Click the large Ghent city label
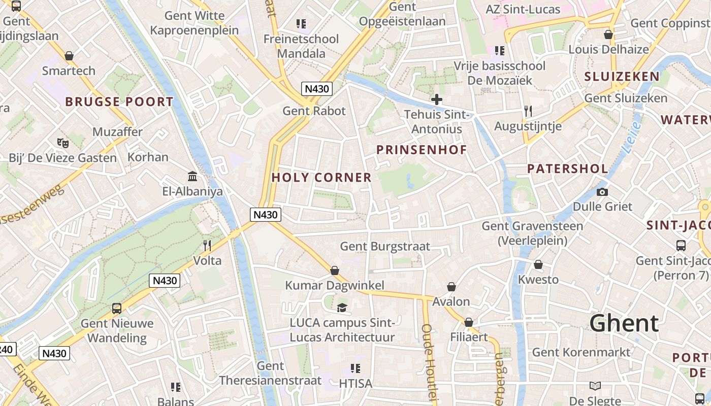[x=624, y=323]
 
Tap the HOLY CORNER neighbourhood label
[x=321, y=178]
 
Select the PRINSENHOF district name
[x=421, y=150]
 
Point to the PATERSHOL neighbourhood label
[x=567, y=169]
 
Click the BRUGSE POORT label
[x=119, y=101]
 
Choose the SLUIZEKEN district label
[x=622, y=77]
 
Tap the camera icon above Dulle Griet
[x=602, y=192]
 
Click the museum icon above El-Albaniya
[x=192, y=177]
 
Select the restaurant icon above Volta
[x=207, y=246]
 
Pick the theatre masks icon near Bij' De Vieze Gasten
[x=63, y=143]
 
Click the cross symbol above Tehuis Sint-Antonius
[x=436, y=99]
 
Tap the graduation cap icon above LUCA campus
[x=342, y=308]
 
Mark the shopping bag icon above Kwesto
[x=538, y=265]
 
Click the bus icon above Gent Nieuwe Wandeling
[x=117, y=308]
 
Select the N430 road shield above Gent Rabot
[x=317, y=89]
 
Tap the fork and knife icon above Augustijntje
[x=528, y=111]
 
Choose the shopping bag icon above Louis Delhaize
[x=608, y=35]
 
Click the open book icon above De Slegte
[x=595, y=386]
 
